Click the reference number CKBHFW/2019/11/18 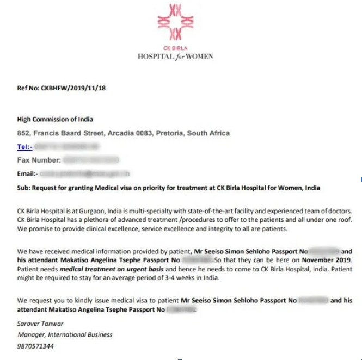tap(73, 89)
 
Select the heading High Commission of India tap(55, 120)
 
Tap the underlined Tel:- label tap(24, 147)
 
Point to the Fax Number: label tap(39, 160)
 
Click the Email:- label tap(27, 174)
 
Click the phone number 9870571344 tap(35, 345)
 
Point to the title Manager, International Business tap(65, 335)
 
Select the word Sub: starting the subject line tap(23, 188)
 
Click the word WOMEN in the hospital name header tap(199, 57)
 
